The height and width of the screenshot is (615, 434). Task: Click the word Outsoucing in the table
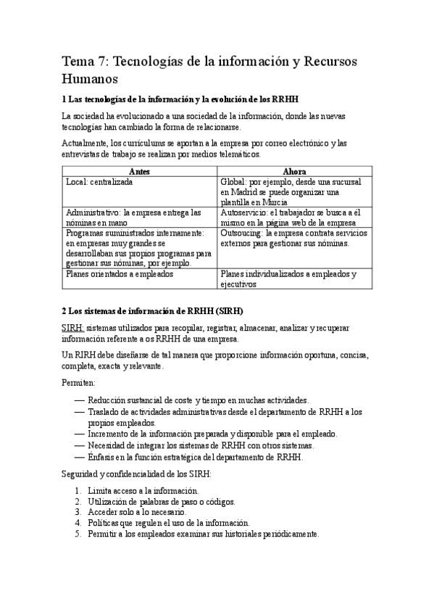(x=241, y=234)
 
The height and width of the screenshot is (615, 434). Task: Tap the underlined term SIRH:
(x=73, y=328)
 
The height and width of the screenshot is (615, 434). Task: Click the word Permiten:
(x=78, y=381)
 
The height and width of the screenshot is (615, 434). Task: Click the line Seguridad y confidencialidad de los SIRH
(x=137, y=474)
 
